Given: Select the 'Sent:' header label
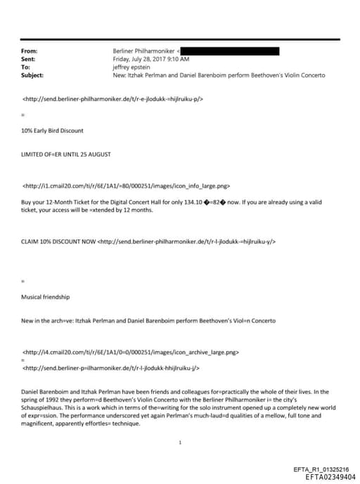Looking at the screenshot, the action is click(x=29, y=59).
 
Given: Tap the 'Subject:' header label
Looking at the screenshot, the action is click(x=32, y=75).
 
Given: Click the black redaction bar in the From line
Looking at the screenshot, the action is click(x=231, y=51).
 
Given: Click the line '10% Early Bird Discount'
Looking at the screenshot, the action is click(x=53, y=131).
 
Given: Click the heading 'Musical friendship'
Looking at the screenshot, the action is click(x=46, y=297).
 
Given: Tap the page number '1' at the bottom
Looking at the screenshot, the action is click(x=181, y=442).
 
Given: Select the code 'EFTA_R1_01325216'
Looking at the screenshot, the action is click(x=319, y=469).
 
